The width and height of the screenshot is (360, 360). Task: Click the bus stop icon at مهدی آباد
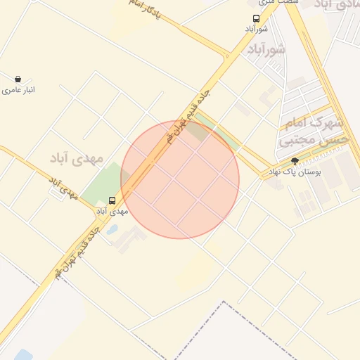(112, 201)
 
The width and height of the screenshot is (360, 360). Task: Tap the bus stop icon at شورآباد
(255, 20)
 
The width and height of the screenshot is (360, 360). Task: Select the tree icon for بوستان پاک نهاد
(295, 162)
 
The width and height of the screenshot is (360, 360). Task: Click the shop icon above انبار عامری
(17, 79)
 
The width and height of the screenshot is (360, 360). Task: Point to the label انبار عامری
(18, 90)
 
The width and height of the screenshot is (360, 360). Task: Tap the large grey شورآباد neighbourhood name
(266, 50)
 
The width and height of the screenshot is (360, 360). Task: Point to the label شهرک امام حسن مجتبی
(304, 131)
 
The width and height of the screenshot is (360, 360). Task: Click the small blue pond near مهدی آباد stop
(112, 229)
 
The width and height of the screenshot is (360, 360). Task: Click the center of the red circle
(180, 179)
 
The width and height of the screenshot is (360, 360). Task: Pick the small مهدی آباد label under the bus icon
(112, 211)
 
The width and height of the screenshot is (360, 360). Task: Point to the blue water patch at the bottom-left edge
(23, 354)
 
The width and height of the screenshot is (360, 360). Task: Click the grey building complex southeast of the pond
(129, 238)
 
